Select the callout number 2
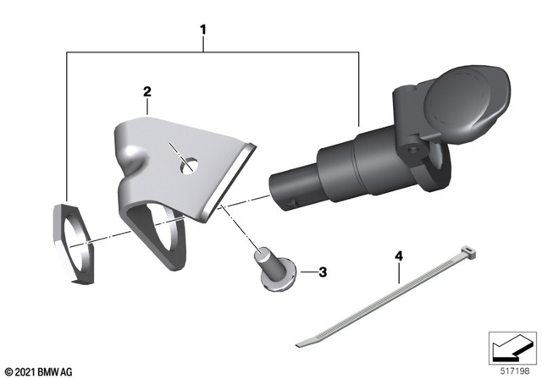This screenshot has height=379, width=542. pos(147,90)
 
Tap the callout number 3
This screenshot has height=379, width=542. pos(323,272)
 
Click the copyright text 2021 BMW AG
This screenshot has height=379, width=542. pos(39,371)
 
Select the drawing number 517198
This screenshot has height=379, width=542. pos(517,371)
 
